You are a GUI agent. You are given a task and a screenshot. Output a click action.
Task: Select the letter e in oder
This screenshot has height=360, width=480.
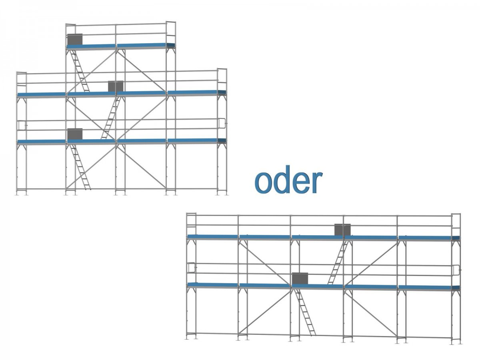coord(300,184)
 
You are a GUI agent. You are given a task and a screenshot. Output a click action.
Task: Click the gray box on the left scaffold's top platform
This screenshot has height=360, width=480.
coord(74,39)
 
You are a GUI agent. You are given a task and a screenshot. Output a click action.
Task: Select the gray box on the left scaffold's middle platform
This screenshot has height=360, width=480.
coord(116,86)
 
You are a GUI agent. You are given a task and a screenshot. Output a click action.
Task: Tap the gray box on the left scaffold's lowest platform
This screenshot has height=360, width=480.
coord(75,134)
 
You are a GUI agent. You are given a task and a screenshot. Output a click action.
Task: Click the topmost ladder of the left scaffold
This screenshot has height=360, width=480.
coord(80,71)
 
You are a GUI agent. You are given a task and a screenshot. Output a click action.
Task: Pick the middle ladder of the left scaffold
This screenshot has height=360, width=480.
coord(111,118)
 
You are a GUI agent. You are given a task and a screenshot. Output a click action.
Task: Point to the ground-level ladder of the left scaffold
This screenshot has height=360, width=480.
coord(80,167)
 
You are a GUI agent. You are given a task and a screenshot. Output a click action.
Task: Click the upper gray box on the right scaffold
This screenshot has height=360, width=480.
coord(342,229)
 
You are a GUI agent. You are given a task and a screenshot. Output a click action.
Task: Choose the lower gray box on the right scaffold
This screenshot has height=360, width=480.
coord(300,278)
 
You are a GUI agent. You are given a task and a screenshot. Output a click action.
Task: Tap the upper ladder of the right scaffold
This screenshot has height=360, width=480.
coord(338,262)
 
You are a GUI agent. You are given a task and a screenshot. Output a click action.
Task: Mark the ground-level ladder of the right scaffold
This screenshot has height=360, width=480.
coord(305,312)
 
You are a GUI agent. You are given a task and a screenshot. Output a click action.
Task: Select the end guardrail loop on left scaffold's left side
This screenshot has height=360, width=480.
coord(21,125)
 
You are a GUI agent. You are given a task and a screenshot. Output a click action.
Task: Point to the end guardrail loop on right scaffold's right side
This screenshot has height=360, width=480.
coord(456,270)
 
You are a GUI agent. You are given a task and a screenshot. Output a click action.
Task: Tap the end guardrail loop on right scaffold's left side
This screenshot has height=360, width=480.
coord(191,267)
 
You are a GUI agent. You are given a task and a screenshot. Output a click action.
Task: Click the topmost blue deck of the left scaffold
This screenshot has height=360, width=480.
coord(120,46)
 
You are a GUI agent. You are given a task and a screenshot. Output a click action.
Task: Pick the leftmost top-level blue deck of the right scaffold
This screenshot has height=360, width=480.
coord(213,237)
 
